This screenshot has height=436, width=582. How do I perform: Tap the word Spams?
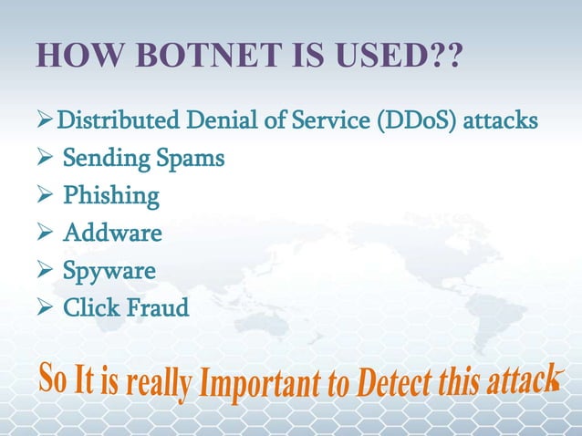[x=189, y=159]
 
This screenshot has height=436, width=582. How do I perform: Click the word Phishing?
[x=110, y=196]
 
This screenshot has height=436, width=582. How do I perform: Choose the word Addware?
[x=112, y=234]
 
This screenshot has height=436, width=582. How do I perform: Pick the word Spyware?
[x=109, y=271]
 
